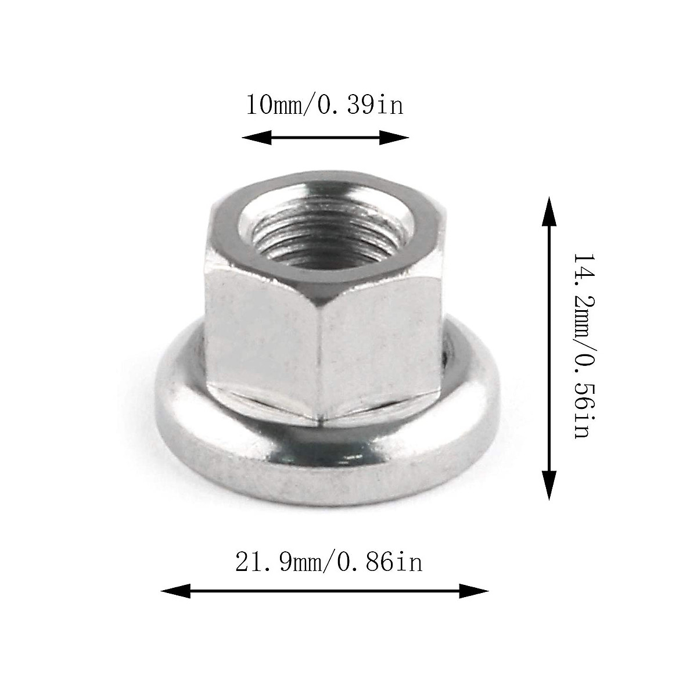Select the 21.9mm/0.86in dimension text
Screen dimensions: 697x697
pos(329,562)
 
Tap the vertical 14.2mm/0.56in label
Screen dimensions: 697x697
pos(581,346)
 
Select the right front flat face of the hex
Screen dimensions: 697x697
pos(380,348)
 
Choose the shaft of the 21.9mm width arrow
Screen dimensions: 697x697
pos(325,591)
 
